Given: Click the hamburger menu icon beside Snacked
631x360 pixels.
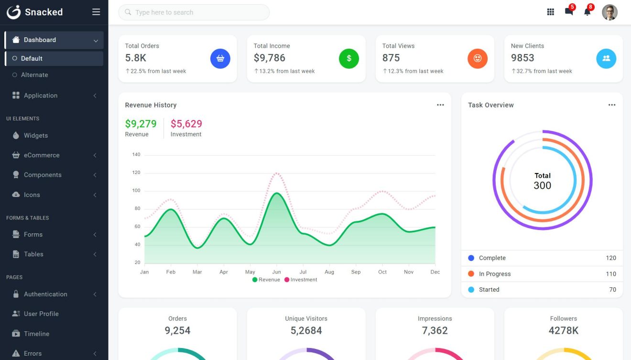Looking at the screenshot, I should pos(96,12).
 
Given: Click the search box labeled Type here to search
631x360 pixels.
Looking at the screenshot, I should pos(194,12).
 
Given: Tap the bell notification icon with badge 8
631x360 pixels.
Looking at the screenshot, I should pos(587,12).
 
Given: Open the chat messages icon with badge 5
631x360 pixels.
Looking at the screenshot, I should pos(569,12).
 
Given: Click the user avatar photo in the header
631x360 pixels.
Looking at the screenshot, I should pos(609,12).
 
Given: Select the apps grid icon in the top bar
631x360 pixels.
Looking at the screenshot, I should pos(550,12).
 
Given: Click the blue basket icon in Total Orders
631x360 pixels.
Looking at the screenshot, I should pos(220,58).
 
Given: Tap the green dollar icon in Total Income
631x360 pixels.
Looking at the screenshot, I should pos(349,58).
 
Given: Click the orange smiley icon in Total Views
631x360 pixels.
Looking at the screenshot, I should pos(478,58).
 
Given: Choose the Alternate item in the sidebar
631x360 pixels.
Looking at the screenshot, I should pos(34,75).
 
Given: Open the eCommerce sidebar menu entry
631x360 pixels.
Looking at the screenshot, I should pos(42,155).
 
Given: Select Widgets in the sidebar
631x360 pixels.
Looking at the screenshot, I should pos(36,136).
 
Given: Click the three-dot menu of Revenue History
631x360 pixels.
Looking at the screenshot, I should pos(440,105).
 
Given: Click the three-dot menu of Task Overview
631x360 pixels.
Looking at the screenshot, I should pos(612,105).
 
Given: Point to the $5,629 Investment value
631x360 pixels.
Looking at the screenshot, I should pos(186,124).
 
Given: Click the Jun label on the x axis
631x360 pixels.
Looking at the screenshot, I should pos(276,272).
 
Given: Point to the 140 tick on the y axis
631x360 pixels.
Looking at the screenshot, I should pos(136,155).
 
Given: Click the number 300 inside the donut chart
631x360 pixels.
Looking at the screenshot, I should pos(543,185).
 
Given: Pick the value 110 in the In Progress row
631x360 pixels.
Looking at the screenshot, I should pos(611,274).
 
